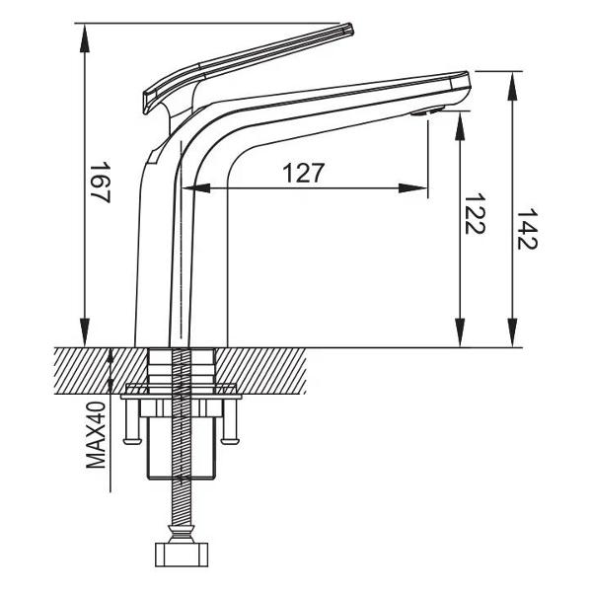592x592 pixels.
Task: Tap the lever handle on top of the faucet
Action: pyautogui.click(x=247, y=59)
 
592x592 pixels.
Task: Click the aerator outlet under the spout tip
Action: pyautogui.click(x=420, y=114)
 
